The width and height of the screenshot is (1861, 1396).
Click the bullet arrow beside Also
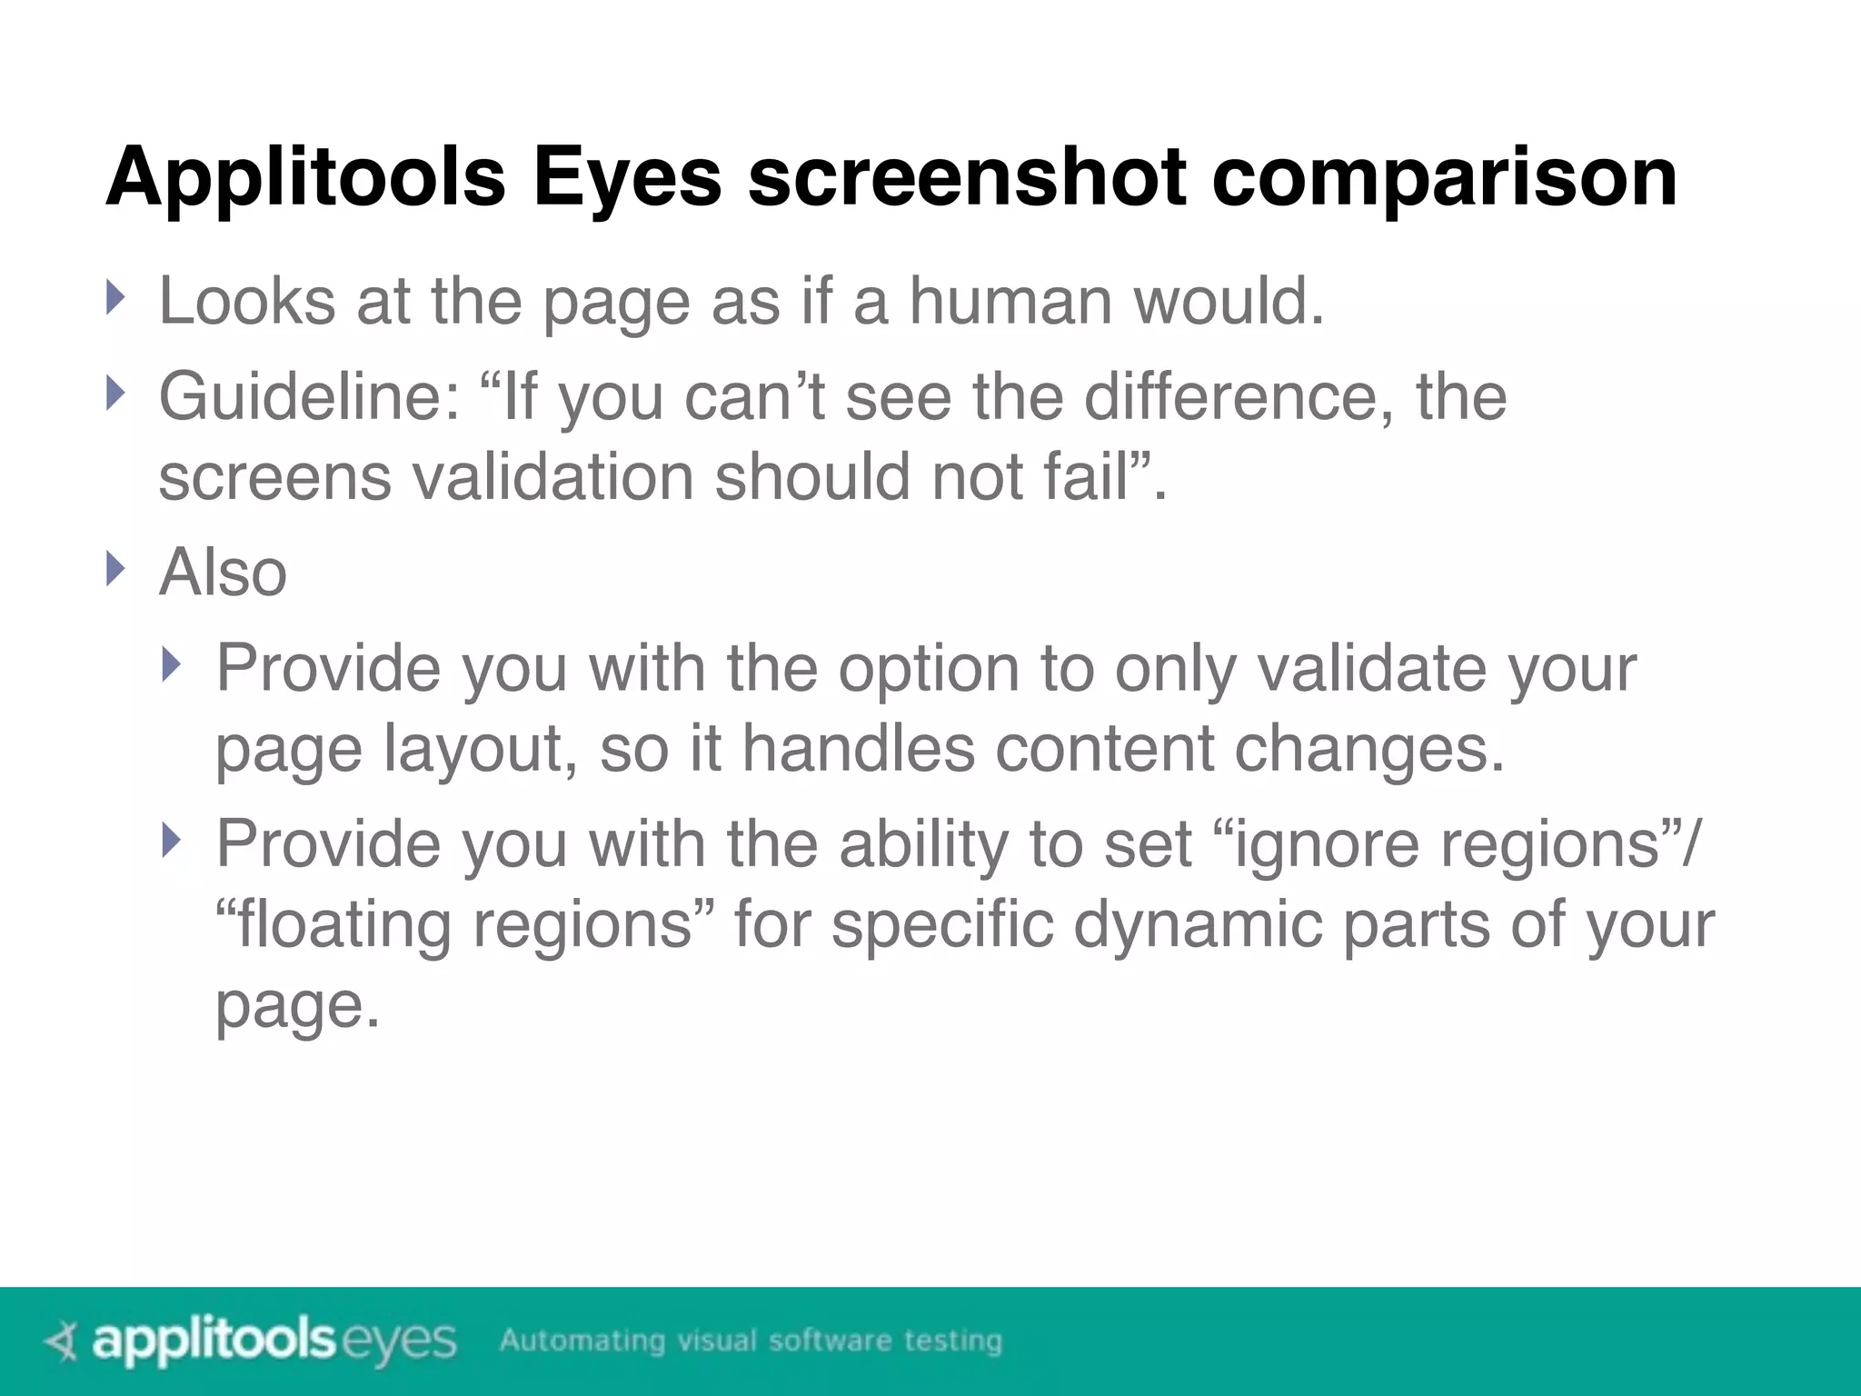[114, 569]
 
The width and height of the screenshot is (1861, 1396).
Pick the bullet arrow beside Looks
[114, 297]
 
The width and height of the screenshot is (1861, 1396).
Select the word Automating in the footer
[582, 1341]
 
